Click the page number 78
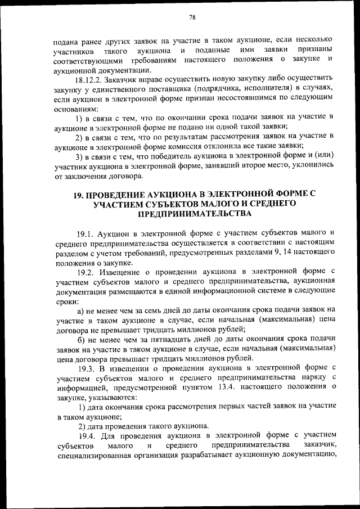(192, 17)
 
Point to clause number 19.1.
(84, 233)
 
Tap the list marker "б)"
(80, 340)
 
